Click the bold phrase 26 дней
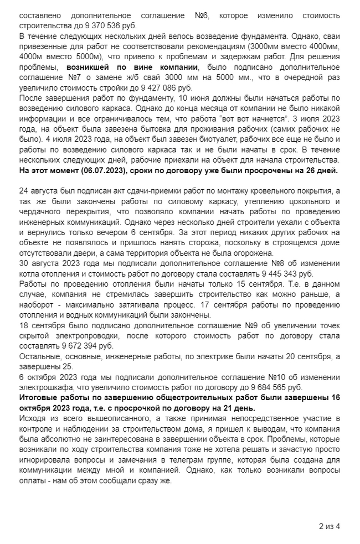(321, 170)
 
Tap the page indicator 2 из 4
(329, 526)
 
